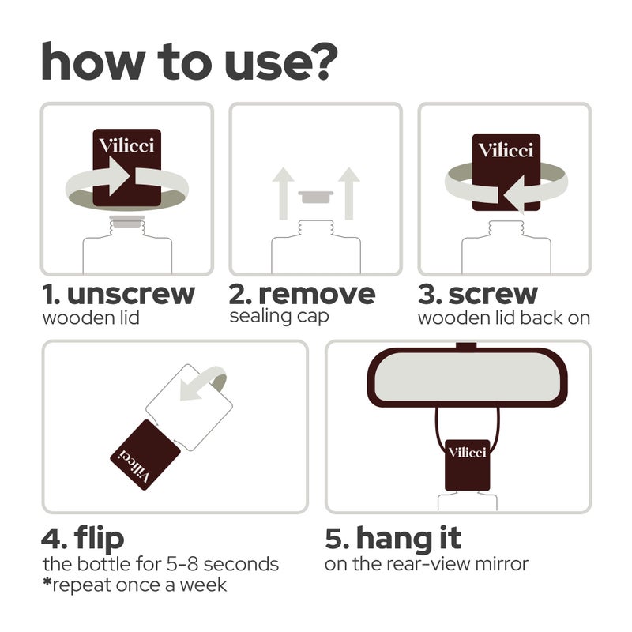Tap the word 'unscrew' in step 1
click(131, 295)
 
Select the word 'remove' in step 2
click(317, 295)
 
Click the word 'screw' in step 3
click(493, 295)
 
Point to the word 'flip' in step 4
click(99, 539)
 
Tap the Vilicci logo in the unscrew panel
click(126, 145)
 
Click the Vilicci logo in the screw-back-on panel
click(506, 150)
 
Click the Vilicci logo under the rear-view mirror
click(468, 453)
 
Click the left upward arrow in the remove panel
click(284, 194)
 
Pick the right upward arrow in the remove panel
click(349, 194)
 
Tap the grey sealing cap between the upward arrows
click(316, 197)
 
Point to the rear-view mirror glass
click(468, 377)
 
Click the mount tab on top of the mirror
click(466, 345)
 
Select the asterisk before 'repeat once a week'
click(47, 581)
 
